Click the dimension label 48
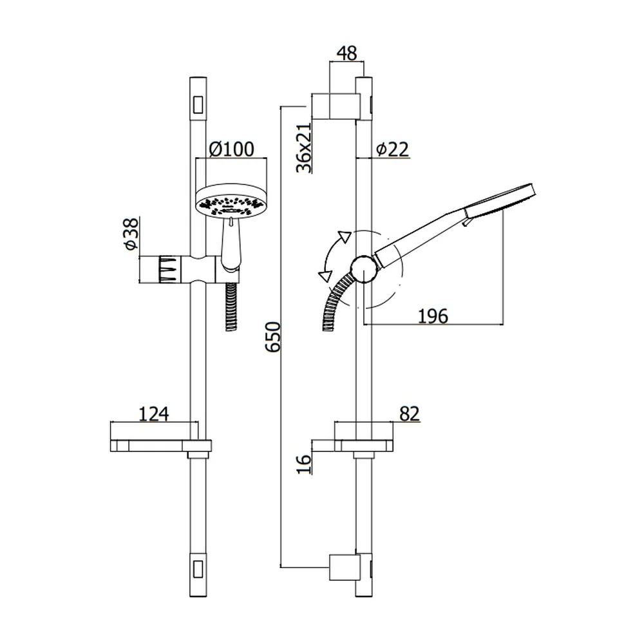[x=347, y=53]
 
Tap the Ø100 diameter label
[x=232, y=149]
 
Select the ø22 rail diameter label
[x=393, y=149]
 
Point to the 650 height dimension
[x=273, y=337]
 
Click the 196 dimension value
[x=433, y=316]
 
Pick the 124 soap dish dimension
[x=154, y=414]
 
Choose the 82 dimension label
[x=409, y=414]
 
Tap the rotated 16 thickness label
[x=304, y=464]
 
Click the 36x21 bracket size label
[x=304, y=148]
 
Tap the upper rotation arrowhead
[x=344, y=237]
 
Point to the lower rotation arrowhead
[x=325, y=276]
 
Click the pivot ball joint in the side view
[x=363, y=269]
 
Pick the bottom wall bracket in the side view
[x=345, y=568]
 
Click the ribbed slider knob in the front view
[x=169, y=269]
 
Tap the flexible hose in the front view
[x=232, y=306]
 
